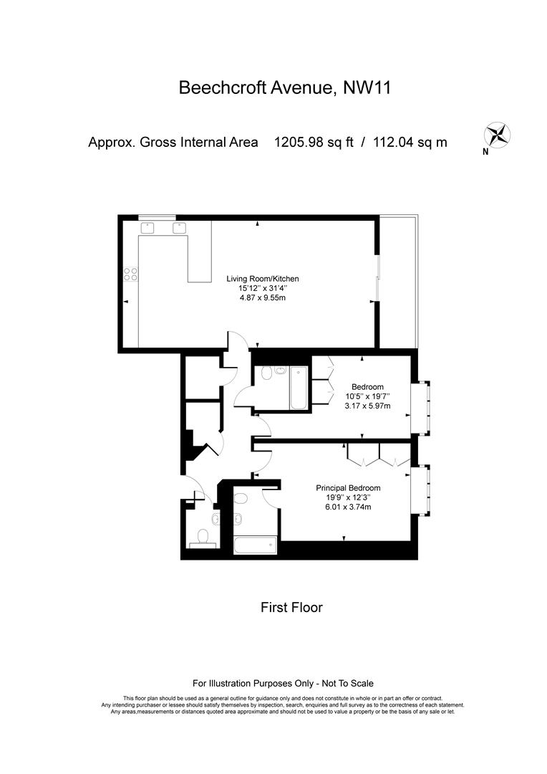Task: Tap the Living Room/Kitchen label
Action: (263, 279)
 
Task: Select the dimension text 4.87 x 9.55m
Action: (263, 297)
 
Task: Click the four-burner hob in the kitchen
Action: (131, 274)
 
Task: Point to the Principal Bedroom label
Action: (348, 488)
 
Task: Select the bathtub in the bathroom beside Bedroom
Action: (299, 388)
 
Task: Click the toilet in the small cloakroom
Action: (203, 536)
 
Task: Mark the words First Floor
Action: (291, 608)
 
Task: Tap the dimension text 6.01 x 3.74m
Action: (348, 507)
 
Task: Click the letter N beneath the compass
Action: (485, 151)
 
